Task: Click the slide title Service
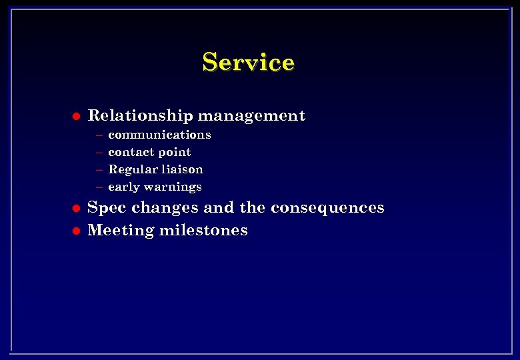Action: click(x=248, y=62)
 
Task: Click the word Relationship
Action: click(x=140, y=116)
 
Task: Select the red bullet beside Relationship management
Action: click(x=75, y=116)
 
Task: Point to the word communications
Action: click(x=159, y=135)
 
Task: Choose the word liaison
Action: click(x=181, y=169)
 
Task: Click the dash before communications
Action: click(x=98, y=135)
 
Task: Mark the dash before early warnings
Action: click(x=98, y=187)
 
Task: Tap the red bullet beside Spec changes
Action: click(x=75, y=208)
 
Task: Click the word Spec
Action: click(x=107, y=208)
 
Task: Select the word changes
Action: click(x=165, y=208)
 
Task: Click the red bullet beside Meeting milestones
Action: click(x=75, y=231)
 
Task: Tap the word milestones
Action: click(x=203, y=231)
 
